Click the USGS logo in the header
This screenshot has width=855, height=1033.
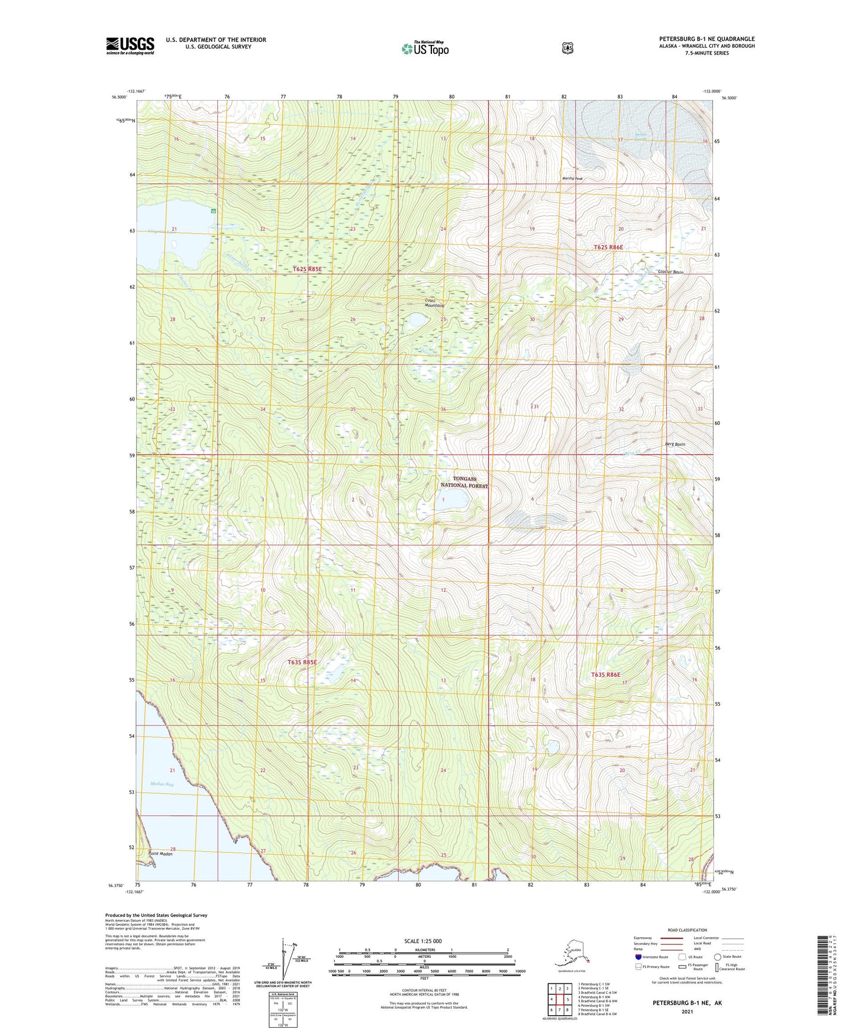pos(130,46)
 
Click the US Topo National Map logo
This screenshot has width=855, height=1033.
pos(425,48)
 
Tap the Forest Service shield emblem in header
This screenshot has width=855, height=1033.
pos(567,48)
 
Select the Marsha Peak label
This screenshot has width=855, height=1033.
pos(572,179)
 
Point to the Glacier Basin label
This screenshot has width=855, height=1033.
pos(670,272)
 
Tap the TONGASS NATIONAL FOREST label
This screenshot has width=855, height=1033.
pos(464,482)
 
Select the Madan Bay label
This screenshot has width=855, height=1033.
pos(162,785)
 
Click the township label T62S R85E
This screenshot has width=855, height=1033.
pos(307,269)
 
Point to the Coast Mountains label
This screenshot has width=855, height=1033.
pos(434,303)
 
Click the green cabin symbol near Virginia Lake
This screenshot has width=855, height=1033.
pos(214,211)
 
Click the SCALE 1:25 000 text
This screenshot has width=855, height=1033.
pos(422,941)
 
